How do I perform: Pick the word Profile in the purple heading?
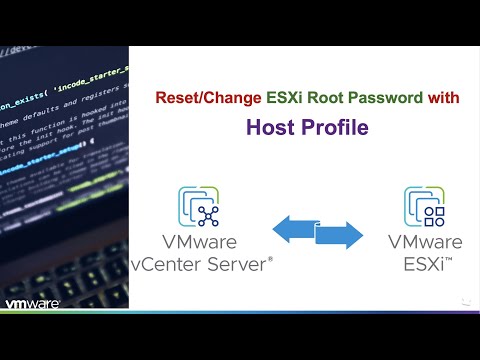pyautogui.click(x=334, y=127)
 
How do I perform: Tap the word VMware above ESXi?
pyautogui.click(x=425, y=243)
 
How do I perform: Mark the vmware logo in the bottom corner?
pyautogui.click(x=33, y=304)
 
